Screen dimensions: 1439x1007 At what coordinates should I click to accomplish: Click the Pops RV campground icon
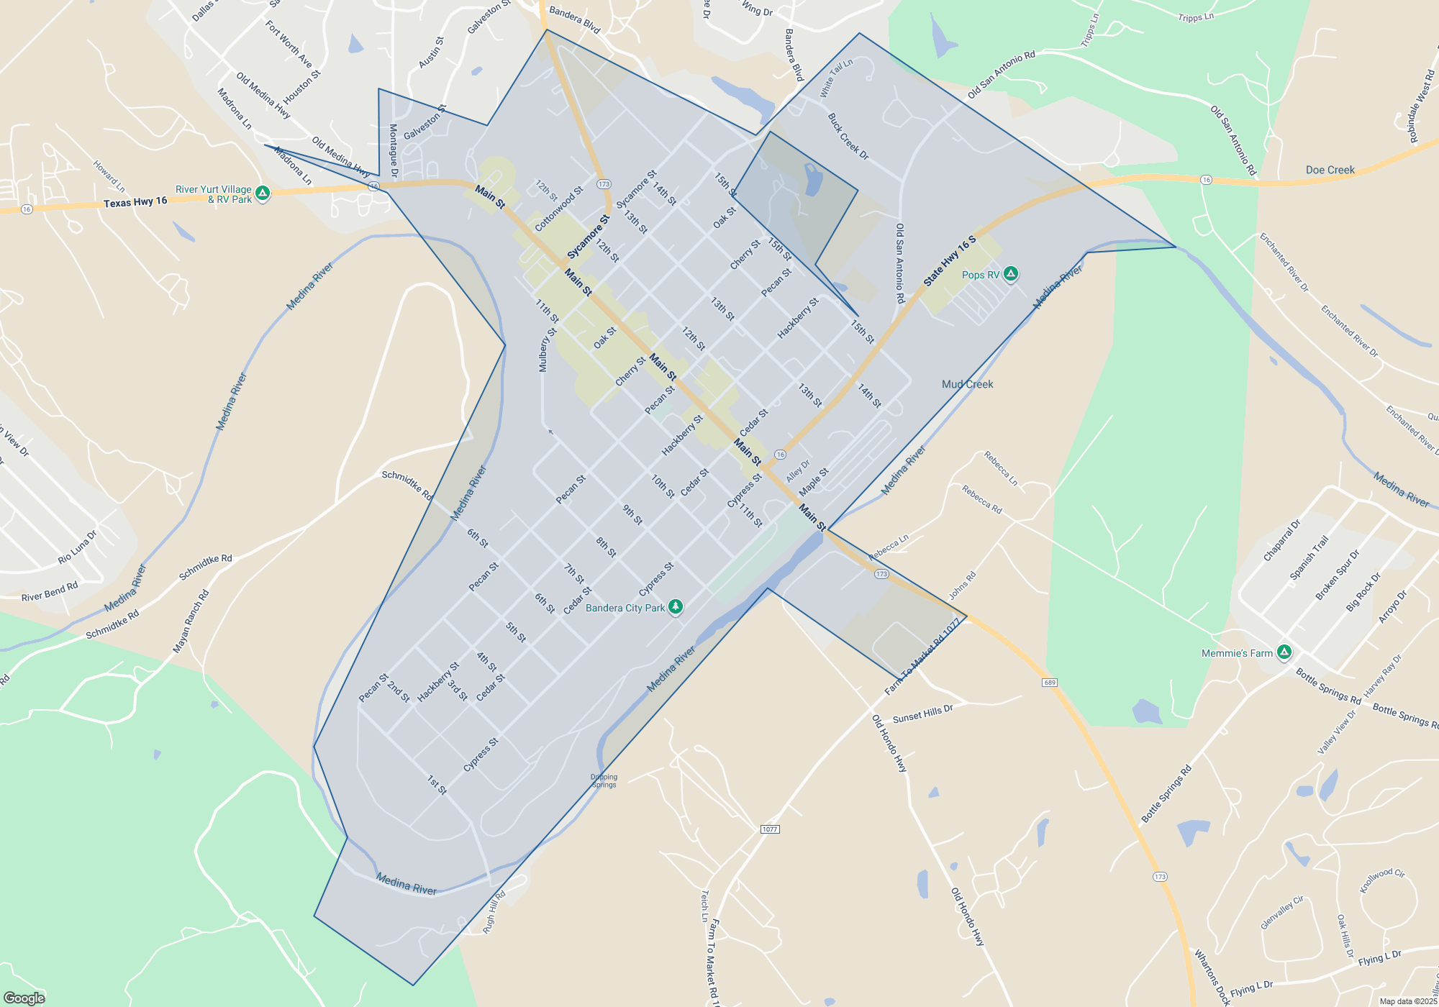[x=1011, y=273]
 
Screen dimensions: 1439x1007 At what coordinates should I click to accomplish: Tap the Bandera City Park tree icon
[x=675, y=607]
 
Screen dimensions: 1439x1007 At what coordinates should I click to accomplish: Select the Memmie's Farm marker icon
[x=1284, y=652]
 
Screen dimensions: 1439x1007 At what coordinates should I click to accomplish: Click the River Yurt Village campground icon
[x=263, y=193]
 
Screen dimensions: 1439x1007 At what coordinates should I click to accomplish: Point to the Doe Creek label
[x=1330, y=170]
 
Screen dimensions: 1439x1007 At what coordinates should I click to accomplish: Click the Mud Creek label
[x=967, y=384]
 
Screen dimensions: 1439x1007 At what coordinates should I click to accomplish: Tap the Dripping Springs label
[x=604, y=780]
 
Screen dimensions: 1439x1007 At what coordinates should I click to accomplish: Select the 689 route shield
[x=1050, y=683]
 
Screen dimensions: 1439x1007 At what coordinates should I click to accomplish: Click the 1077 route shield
[x=769, y=829]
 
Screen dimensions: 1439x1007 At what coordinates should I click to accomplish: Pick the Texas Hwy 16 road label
[x=135, y=202]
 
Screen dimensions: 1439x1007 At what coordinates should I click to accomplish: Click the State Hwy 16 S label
[x=949, y=261]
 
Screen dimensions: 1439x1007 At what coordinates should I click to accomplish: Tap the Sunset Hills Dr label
[x=922, y=714]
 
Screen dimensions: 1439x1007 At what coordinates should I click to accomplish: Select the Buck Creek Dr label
[x=848, y=137]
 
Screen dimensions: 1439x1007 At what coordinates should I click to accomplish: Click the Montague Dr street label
[x=394, y=150]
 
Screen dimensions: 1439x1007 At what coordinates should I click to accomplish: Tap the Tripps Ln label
[x=1089, y=30]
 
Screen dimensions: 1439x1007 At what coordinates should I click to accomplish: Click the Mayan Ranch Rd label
[x=191, y=621]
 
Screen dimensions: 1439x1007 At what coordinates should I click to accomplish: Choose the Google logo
[x=24, y=998]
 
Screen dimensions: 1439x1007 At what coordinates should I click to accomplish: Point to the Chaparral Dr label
[x=1281, y=540]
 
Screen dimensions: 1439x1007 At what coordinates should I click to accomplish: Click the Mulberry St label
[x=548, y=350]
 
